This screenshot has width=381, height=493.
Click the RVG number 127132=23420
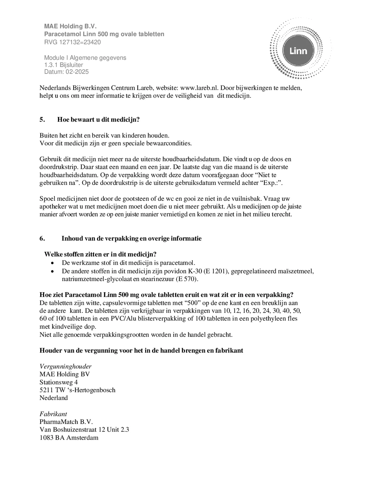(x=80, y=42)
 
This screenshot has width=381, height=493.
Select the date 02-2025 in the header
(x=77, y=72)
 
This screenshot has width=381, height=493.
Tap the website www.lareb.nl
(x=199, y=88)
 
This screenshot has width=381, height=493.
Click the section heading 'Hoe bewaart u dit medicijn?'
(x=98, y=120)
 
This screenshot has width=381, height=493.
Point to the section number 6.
(x=42, y=238)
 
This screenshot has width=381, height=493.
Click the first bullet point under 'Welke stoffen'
(x=53, y=263)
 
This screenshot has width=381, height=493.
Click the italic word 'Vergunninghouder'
(x=65, y=366)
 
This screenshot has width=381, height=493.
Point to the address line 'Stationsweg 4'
(x=59, y=382)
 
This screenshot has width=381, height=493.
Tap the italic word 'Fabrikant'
(x=53, y=414)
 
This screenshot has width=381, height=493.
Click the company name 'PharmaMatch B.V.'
(x=66, y=422)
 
